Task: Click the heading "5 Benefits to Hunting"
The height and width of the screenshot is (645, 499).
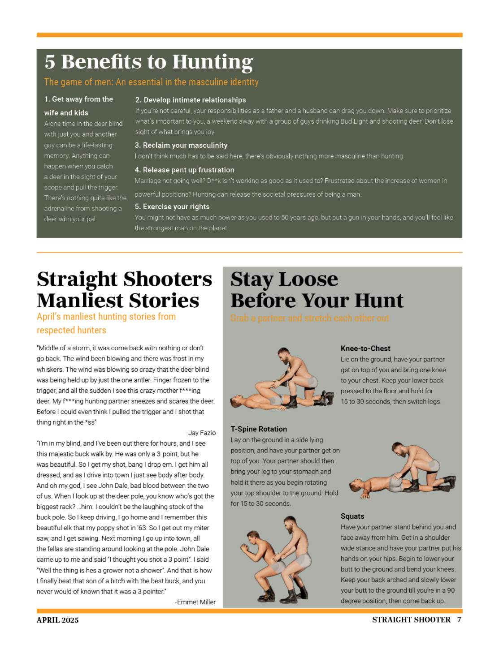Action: [149, 62]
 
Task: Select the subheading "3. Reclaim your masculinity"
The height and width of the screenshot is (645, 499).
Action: [181, 145]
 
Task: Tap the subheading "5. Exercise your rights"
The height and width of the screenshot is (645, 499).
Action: [172, 206]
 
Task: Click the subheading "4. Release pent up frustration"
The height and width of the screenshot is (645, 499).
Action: [184, 170]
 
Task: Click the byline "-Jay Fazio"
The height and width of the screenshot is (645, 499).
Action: [201, 433]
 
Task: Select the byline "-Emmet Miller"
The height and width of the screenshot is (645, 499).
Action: [195, 602]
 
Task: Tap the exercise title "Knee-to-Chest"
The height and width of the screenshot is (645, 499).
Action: [365, 348]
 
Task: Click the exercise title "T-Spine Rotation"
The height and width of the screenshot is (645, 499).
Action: [259, 429]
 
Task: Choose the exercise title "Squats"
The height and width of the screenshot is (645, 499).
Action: [352, 516]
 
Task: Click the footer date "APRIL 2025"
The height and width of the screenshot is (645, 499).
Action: [57, 620]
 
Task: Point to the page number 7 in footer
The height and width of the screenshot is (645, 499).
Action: [459, 619]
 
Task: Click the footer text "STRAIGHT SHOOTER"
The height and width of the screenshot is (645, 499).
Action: [411, 619]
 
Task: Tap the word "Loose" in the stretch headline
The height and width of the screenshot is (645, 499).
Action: [308, 279]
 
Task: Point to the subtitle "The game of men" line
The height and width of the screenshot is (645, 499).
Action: [151, 82]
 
